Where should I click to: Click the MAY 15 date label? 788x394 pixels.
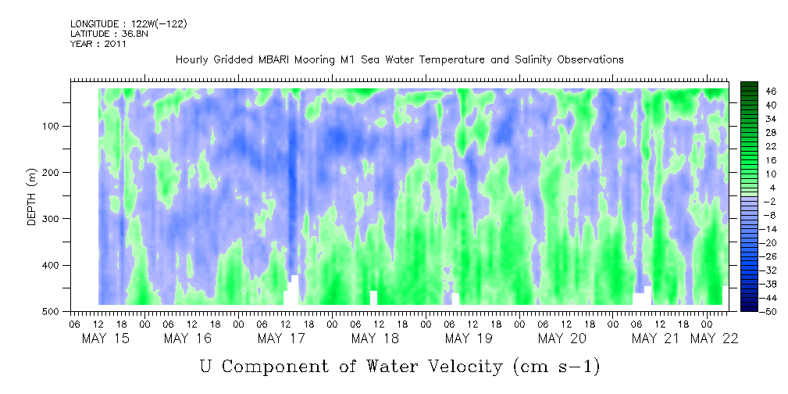(105, 338)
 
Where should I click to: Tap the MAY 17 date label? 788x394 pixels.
(281, 338)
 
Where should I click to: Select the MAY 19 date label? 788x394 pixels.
(469, 338)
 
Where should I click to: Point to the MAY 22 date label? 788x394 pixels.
(714, 338)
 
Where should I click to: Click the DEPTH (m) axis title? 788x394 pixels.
(32, 196)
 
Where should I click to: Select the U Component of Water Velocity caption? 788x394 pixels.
(400, 367)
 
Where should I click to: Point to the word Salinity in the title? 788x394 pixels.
(532, 60)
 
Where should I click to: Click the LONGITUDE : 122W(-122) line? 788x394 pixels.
(129, 24)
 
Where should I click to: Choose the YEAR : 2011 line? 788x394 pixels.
(98, 44)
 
